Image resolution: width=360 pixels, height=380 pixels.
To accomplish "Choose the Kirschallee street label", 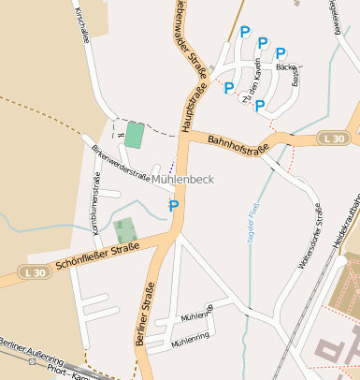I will pos(81,24).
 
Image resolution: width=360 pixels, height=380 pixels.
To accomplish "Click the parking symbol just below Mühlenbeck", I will pos(173,205).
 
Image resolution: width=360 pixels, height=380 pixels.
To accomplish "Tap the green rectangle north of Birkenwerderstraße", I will pos(135,135).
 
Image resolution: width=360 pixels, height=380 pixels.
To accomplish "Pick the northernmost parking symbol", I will pos(245,33).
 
